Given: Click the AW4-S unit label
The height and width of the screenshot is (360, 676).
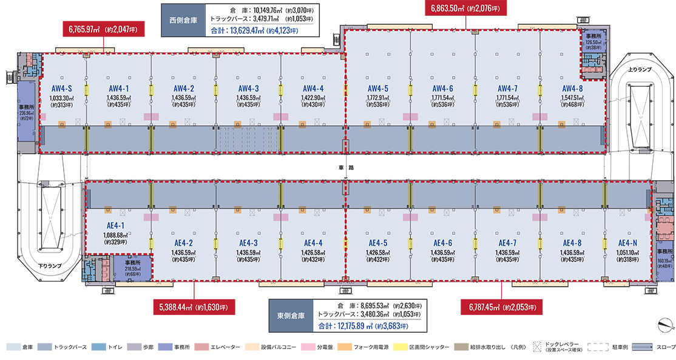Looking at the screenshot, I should pyautogui.click(x=62, y=88).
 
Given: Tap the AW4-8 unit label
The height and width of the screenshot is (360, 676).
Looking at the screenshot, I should pyautogui.click(x=572, y=88).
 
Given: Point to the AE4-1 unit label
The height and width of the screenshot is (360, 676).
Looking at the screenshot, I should pyautogui.click(x=115, y=225).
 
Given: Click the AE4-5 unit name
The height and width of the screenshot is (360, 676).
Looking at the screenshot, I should pyautogui.click(x=377, y=243).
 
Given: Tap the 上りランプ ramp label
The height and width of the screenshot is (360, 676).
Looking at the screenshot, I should pyautogui.click(x=640, y=70).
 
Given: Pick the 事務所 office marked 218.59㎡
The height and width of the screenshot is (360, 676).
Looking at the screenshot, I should pyautogui.click(x=131, y=267).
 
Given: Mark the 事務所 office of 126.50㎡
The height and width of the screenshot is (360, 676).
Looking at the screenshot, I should pyautogui.click(x=593, y=41).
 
